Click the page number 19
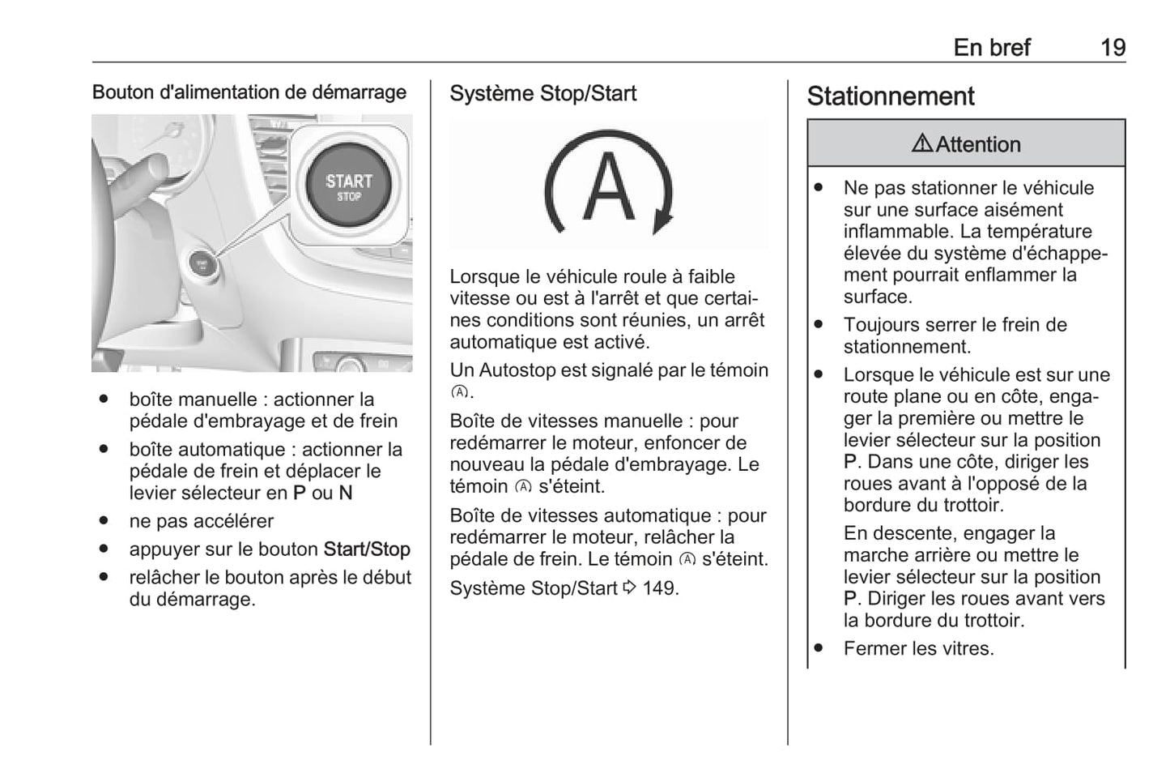pyautogui.click(x=1113, y=48)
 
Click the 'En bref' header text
pyautogui.click(x=991, y=48)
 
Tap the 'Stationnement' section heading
pyautogui.click(x=890, y=96)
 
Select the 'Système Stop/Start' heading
pyautogui.click(x=542, y=94)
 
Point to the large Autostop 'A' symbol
pyautogui.click(x=609, y=186)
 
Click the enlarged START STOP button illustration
pyautogui.click(x=349, y=186)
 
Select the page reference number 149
pyautogui.click(x=659, y=588)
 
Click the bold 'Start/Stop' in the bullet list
pyautogui.click(x=367, y=549)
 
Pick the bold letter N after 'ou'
pyautogui.click(x=346, y=494)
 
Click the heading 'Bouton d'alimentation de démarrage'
pyautogui.click(x=249, y=92)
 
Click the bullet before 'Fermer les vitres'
pyautogui.click(x=819, y=648)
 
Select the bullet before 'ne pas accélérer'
pyautogui.click(x=104, y=521)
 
